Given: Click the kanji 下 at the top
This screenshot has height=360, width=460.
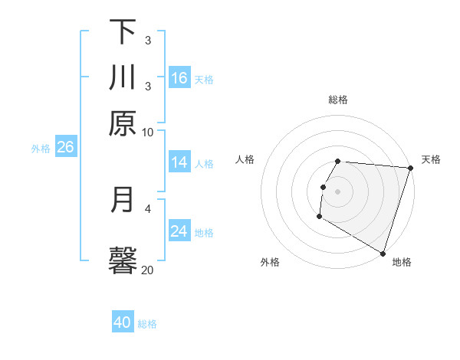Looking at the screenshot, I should (123, 31).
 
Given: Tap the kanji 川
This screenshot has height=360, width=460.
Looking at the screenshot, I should (123, 77).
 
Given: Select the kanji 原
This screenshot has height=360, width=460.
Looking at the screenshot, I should (123, 123).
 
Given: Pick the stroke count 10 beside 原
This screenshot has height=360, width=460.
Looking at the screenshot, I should (148, 132).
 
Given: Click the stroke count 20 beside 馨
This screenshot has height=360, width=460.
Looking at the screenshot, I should (148, 270).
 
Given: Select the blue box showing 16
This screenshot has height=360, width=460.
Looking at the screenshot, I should (179, 77).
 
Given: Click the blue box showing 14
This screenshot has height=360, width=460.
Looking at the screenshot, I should (179, 162).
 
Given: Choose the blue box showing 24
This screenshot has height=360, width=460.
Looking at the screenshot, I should (179, 231).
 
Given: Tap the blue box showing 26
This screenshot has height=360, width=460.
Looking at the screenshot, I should (65, 147).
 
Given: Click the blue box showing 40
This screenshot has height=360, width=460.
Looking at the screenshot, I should (123, 322).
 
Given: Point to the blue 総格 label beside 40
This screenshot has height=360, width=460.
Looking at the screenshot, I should (147, 324).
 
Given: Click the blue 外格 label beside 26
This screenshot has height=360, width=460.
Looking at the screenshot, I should (40, 149).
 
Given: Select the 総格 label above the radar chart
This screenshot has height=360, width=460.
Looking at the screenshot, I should (338, 100).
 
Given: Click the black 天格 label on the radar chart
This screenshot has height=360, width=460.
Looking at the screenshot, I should (431, 159).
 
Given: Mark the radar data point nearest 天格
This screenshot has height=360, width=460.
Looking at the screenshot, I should (410, 168).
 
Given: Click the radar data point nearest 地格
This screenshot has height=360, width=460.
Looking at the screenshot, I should (383, 253).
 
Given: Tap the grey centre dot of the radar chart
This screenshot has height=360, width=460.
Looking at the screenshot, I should (338, 191).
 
